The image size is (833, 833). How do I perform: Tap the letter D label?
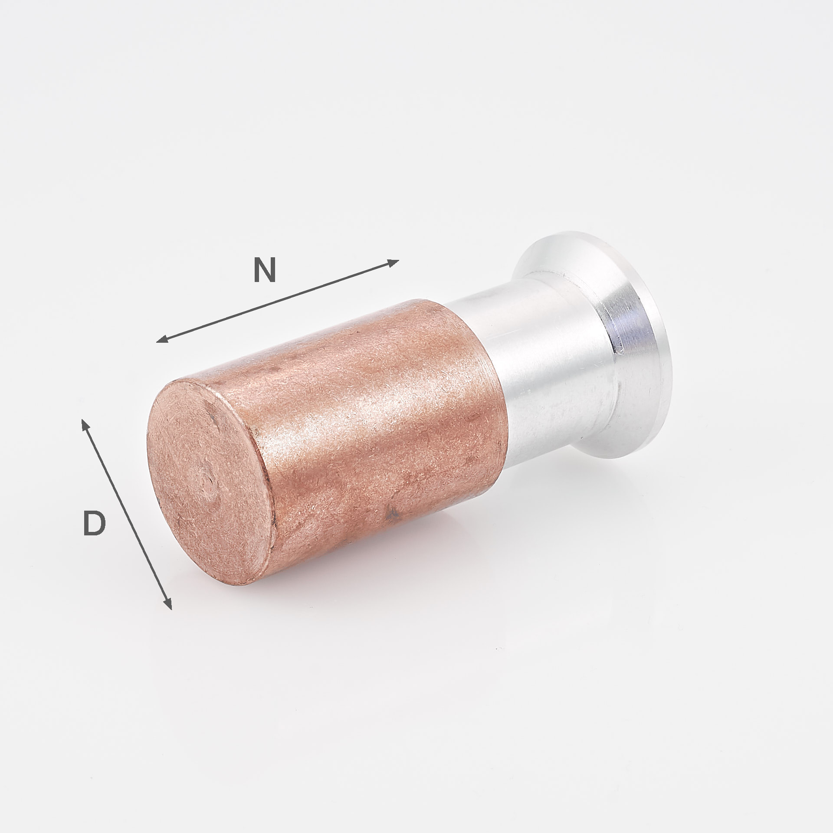[x=94, y=523]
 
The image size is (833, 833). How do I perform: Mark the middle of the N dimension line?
[x=278, y=301]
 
